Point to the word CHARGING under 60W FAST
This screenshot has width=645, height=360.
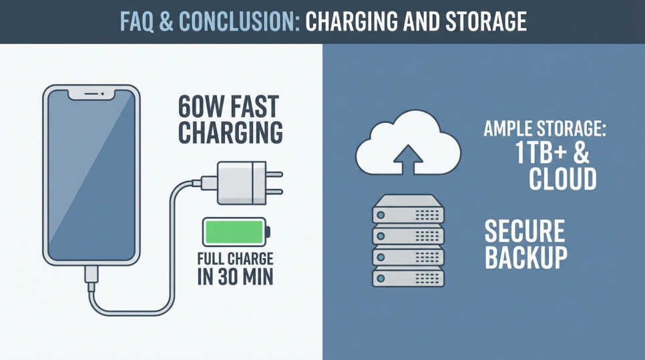coord(230,132)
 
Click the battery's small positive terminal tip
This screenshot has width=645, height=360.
coord(268,232)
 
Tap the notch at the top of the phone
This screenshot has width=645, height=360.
coord(91,94)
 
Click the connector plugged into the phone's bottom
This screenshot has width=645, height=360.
coord(91,273)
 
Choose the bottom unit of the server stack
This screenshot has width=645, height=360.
coord(408,277)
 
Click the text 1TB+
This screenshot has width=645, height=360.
coord(538,154)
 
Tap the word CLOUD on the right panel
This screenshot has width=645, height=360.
coord(563,179)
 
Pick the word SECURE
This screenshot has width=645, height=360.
coord(525,231)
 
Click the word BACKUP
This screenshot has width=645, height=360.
coord(526,257)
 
